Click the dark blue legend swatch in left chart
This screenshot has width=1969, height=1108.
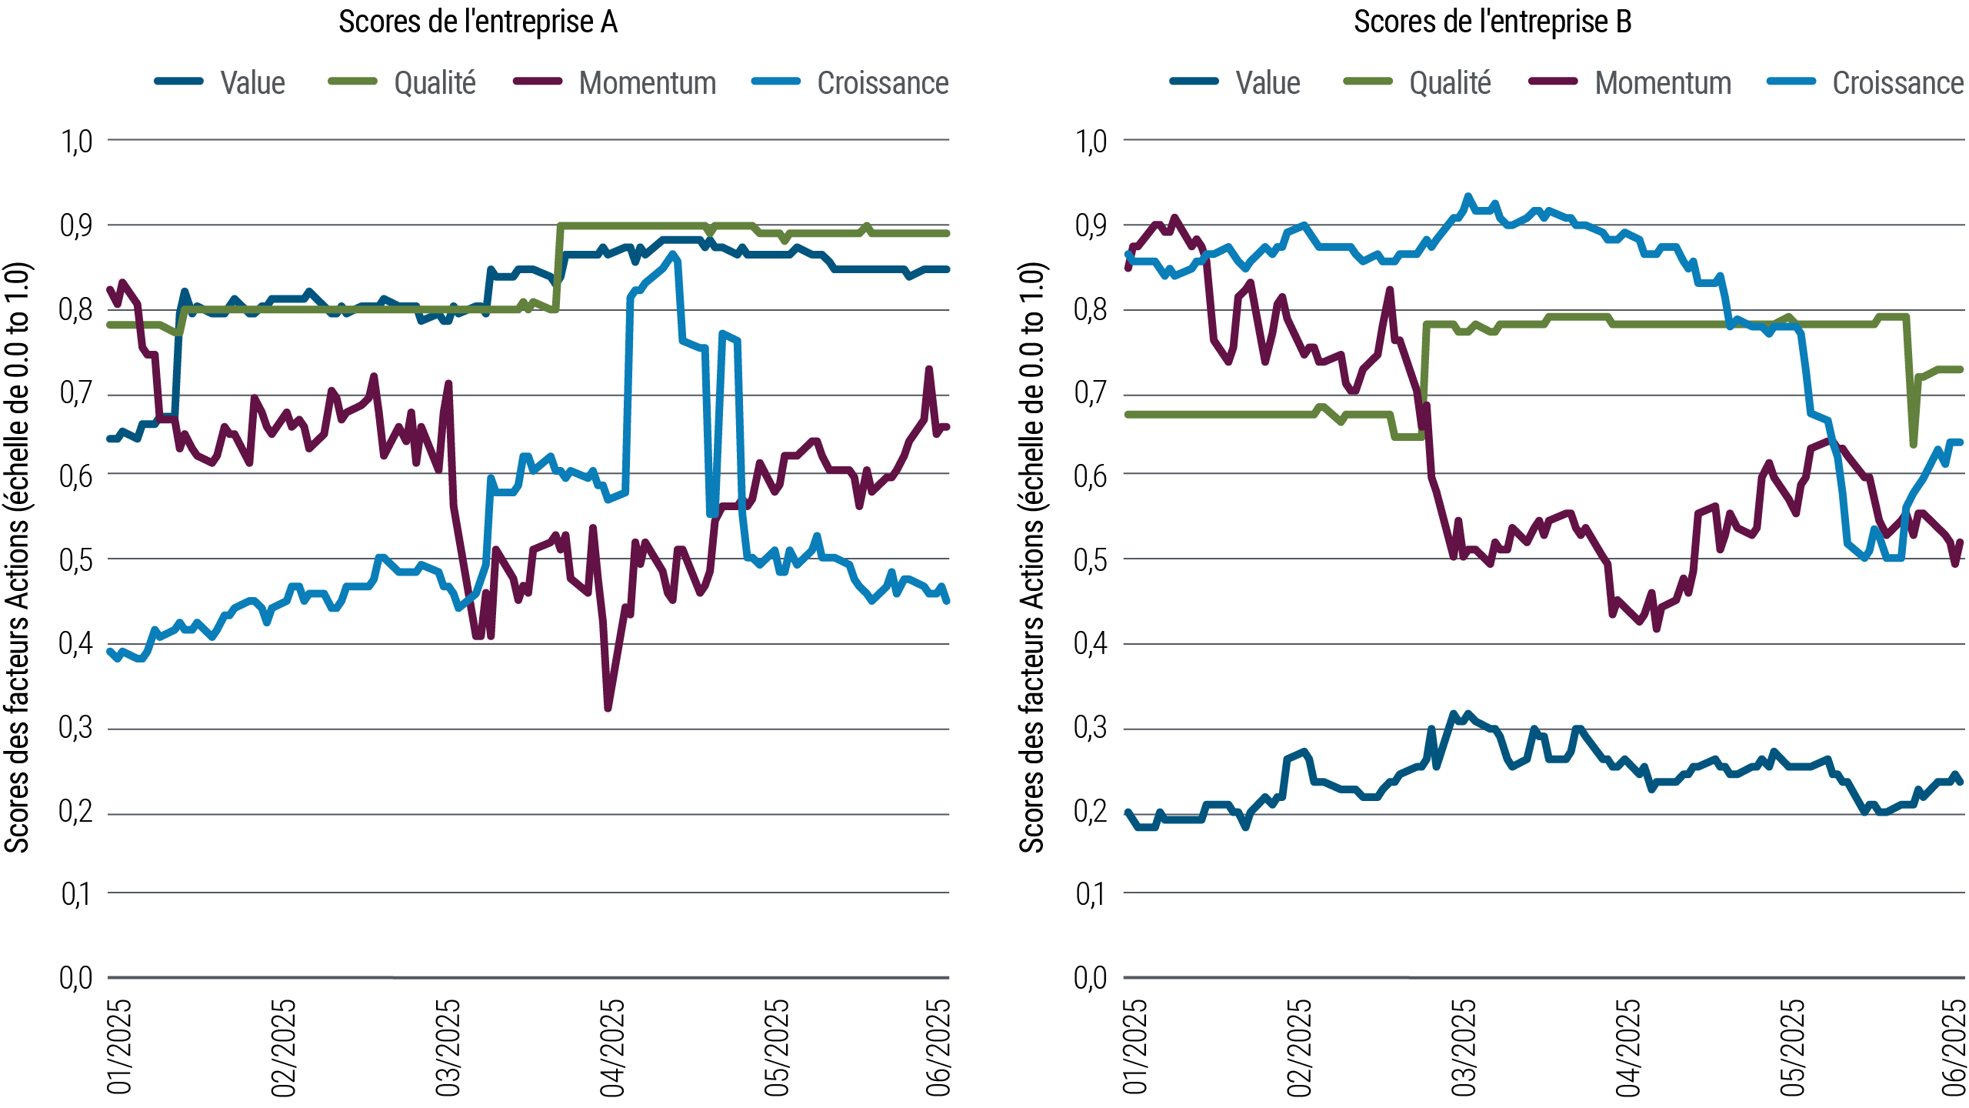[x=188, y=81]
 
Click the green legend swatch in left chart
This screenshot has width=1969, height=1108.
[x=361, y=81]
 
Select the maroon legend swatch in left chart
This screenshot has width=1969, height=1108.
[x=547, y=81]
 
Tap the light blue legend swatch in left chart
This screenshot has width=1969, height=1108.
[x=785, y=81]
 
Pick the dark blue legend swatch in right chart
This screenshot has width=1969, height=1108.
[x=1204, y=81]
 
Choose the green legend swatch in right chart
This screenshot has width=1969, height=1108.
[x=1377, y=81]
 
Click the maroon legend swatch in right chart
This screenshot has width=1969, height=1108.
[x=1562, y=81]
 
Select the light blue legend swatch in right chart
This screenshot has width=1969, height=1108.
[x=1800, y=81]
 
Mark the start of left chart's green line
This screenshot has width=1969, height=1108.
[x=110, y=324]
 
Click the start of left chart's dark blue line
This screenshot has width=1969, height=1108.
[x=110, y=437]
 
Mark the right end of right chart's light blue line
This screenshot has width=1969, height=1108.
[x=1957, y=442]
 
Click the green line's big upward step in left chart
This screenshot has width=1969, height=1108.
[x=559, y=262]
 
